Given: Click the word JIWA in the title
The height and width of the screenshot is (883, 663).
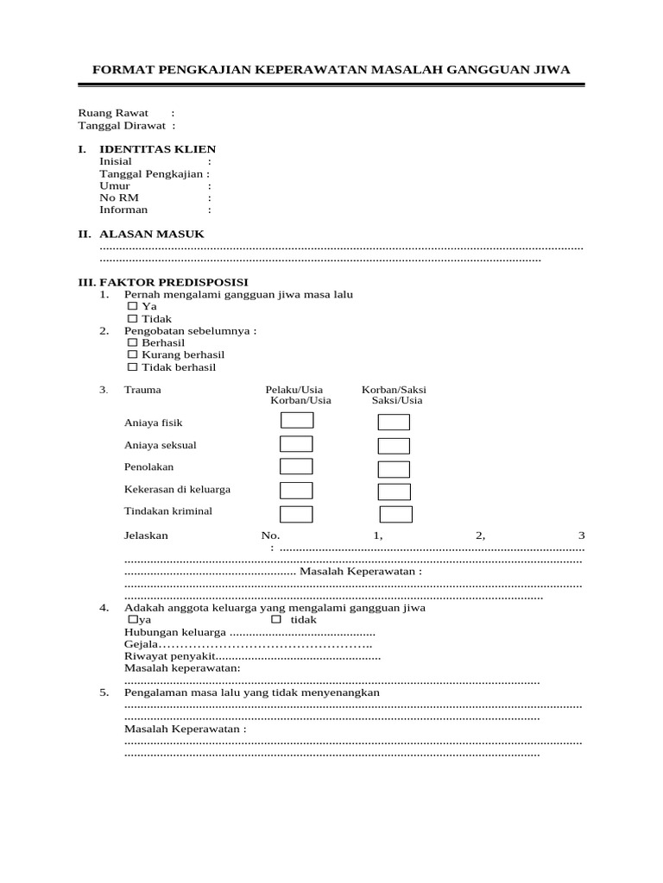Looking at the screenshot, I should pos(552,70).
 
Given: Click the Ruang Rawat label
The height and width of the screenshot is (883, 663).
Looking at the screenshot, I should pos(113,113).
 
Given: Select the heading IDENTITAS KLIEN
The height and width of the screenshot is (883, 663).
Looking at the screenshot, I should pos(158,149).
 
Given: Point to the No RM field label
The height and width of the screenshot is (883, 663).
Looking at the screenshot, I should pos(119,197).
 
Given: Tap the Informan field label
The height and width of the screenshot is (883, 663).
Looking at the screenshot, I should pos(123,210).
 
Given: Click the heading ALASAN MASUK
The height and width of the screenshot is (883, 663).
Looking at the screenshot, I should pos(152,234).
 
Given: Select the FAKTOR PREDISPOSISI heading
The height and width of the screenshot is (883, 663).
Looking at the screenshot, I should pos(174,282).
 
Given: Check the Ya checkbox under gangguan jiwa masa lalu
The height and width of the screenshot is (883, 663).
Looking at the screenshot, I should pos(133,306).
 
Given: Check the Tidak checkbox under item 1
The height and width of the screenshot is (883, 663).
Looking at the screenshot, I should pos(133,318).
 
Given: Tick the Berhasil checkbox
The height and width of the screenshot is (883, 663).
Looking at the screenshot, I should pos(133,342).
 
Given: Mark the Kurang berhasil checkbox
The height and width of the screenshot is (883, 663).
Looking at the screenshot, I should pos(133,354).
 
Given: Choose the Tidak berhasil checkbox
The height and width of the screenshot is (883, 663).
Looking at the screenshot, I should pos(133,366).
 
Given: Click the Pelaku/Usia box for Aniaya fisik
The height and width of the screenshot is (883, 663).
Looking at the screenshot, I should pos(296,421).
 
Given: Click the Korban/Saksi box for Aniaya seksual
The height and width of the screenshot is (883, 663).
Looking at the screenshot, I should pos(394,446).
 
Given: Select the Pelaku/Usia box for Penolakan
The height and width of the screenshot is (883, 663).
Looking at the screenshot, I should pos(296,467).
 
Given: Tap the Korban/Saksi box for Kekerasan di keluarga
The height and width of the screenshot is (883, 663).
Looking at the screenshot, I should pos(394,492).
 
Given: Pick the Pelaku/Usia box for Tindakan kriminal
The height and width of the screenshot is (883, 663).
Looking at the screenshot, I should pos(296,514).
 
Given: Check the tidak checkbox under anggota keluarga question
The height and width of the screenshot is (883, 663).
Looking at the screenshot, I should pos(276,619).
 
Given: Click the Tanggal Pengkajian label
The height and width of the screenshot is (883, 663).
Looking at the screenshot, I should pos(151,173).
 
